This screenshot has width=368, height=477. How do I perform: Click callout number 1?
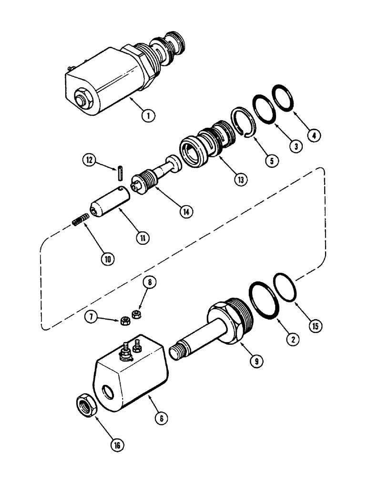[148, 114]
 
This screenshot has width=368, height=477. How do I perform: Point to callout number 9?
[256, 361]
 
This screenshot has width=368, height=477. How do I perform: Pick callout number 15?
[316, 327]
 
